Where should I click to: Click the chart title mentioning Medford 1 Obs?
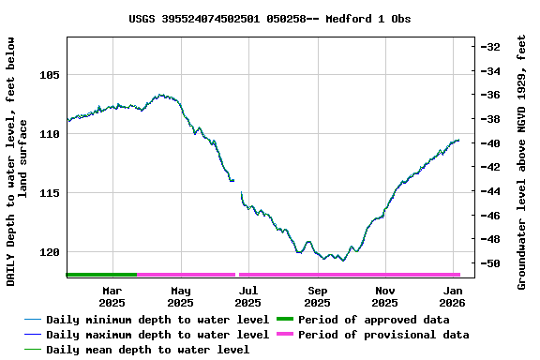(x=269, y=19)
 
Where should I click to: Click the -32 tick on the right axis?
(x=490, y=47)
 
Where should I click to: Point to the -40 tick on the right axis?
(x=490, y=143)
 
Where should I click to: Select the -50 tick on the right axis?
(x=490, y=264)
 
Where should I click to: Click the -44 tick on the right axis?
(x=490, y=191)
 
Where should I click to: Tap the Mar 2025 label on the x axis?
(x=112, y=296)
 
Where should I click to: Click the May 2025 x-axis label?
(x=181, y=296)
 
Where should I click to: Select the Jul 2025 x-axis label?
(x=247, y=296)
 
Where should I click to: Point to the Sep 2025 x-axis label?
(x=317, y=296)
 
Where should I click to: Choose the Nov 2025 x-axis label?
(x=384, y=296)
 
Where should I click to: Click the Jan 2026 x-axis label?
(x=453, y=296)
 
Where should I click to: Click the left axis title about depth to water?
(x=17, y=161)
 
